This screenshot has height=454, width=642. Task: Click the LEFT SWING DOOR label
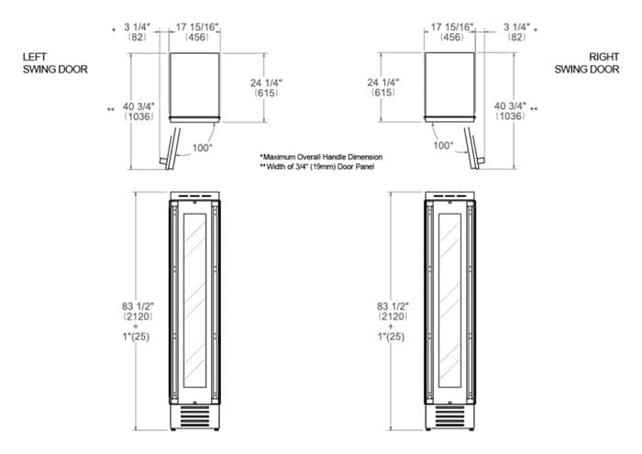(x=55, y=63)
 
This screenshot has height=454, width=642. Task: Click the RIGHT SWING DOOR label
(x=587, y=63)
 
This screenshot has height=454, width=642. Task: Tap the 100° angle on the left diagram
(x=203, y=148)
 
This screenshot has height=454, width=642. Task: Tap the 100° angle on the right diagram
(x=443, y=145)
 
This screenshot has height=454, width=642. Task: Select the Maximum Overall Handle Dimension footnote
(x=321, y=157)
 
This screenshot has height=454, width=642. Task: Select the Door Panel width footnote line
(x=317, y=167)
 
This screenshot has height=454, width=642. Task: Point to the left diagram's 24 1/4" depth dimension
(x=266, y=88)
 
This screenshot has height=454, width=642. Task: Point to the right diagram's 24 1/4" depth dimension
(x=383, y=87)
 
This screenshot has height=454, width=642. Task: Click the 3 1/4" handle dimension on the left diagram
(x=138, y=32)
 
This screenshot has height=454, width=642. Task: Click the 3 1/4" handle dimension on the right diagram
(x=516, y=32)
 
